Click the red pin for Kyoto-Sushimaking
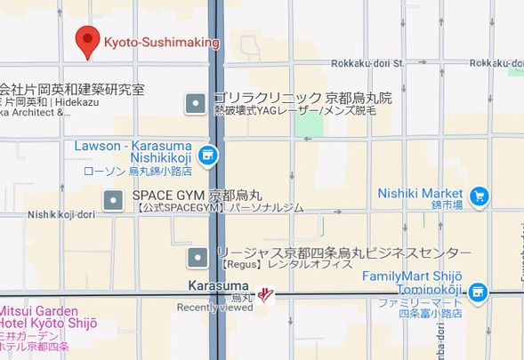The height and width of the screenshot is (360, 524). pos(86,40)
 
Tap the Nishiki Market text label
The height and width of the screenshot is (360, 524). pos(420,193)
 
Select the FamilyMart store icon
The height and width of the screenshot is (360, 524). pos(479,290)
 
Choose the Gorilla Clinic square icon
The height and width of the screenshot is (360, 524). pos(196,105)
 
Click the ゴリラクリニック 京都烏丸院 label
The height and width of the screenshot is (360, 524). pos(302,98)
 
